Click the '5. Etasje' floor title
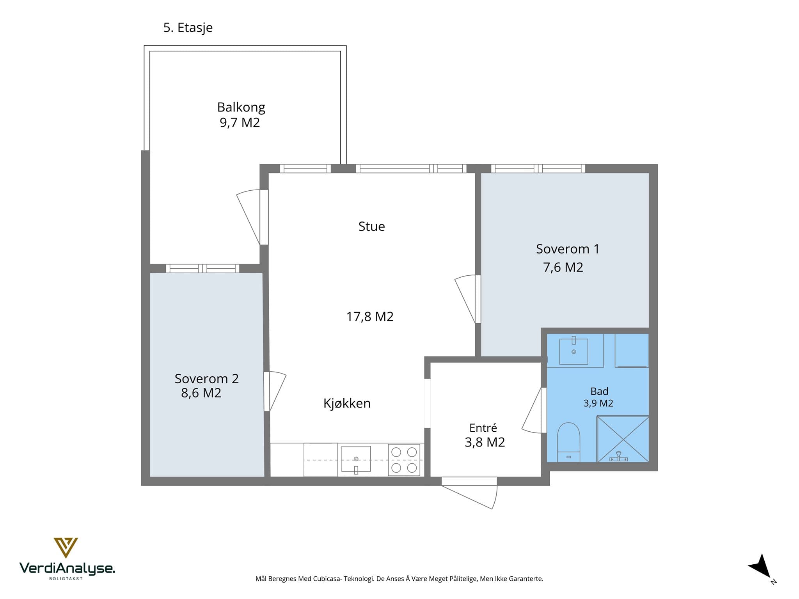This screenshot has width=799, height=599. click(x=188, y=28)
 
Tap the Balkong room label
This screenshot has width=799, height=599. click(x=241, y=107)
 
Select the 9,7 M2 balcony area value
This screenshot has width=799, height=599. click(x=240, y=123)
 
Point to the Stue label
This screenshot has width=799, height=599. click(x=371, y=226)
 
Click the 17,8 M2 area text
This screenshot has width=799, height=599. click(x=370, y=316)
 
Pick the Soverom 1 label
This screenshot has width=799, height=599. click(x=567, y=249)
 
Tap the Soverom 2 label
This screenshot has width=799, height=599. click(x=206, y=378)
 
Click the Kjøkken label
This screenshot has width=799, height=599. click(x=347, y=403)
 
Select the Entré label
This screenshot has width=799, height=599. click(x=483, y=428)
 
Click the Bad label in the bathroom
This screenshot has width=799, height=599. click(x=599, y=391)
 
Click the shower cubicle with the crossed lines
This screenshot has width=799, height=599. click(x=623, y=439)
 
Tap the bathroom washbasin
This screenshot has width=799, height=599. click(x=574, y=351)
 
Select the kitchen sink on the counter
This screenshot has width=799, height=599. click(x=356, y=459)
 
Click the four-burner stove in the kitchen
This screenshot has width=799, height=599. click(x=404, y=460)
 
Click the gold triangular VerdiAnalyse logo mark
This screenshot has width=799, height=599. click(x=66, y=547)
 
